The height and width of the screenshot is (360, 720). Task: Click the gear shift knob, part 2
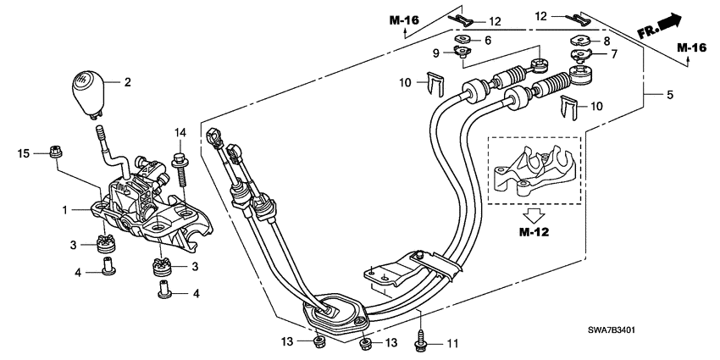tap(84, 95)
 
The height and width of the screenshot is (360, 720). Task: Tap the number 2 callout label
tap(128, 83)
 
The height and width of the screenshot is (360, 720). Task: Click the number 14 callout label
tap(180, 132)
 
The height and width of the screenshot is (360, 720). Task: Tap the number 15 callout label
tap(25, 152)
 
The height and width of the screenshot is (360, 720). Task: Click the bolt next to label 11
tap(420, 341)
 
